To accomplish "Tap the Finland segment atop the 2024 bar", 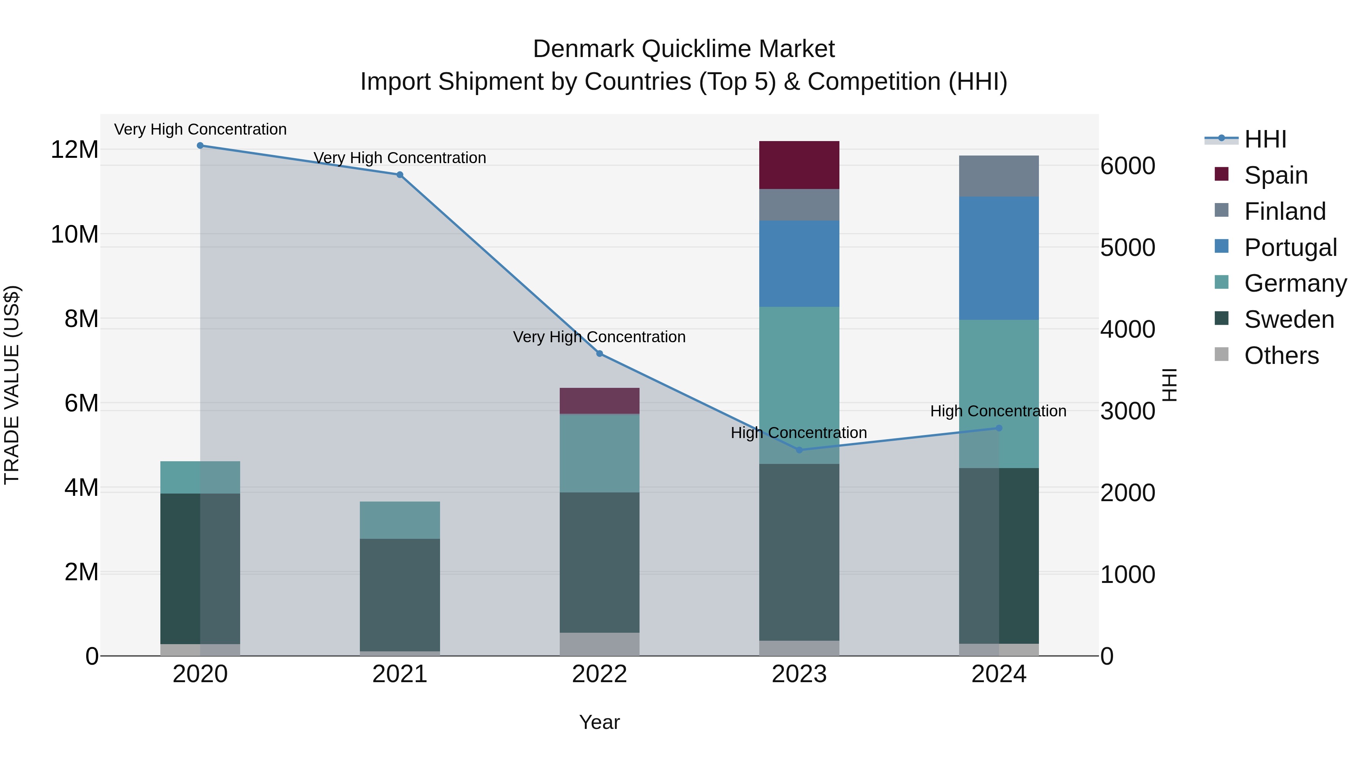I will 998,176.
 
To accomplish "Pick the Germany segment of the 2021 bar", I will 399,520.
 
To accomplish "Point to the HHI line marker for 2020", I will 200,146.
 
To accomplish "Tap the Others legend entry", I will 1281,355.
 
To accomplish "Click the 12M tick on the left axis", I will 74,149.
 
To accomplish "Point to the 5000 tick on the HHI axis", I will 1127,248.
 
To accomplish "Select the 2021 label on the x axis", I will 399,674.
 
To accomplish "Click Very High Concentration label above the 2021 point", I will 399,158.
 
